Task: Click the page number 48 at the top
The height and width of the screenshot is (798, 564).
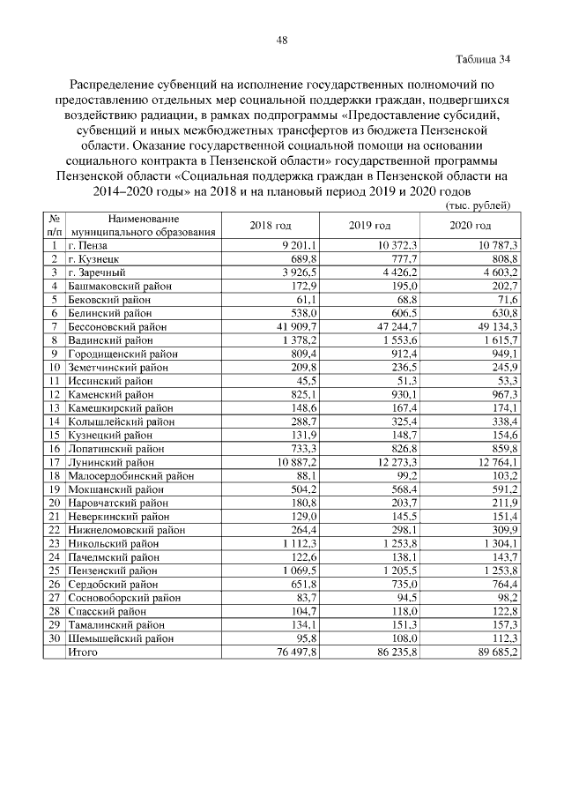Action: tap(282, 40)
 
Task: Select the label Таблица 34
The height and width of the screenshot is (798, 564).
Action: tap(483, 60)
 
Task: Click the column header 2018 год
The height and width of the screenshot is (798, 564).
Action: tap(271, 225)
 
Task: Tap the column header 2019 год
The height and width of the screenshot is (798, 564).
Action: tap(370, 225)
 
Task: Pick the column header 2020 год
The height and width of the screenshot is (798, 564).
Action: tap(469, 225)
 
